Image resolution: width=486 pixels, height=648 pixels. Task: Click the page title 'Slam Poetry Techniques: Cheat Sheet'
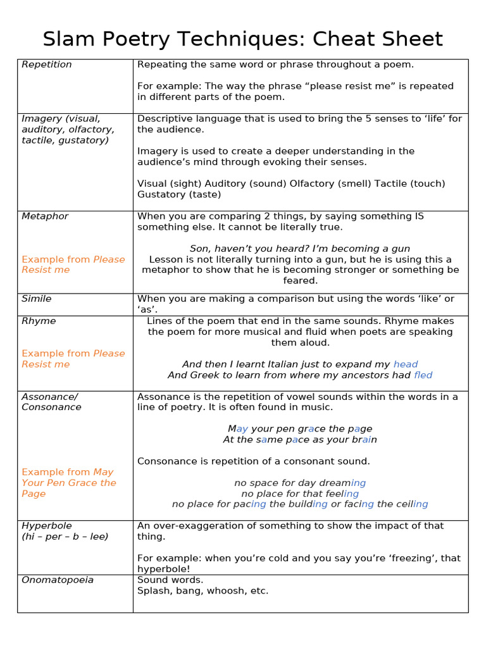click(x=243, y=39)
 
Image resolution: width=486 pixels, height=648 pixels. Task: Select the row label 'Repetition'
click(x=47, y=65)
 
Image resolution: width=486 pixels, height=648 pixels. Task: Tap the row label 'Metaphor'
click(x=45, y=216)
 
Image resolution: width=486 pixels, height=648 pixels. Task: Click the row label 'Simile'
click(x=37, y=299)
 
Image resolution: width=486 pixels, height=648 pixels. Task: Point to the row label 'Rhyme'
click(x=39, y=321)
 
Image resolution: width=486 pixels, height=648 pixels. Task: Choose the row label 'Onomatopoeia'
click(x=58, y=580)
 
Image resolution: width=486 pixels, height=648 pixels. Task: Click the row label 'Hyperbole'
click(x=47, y=526)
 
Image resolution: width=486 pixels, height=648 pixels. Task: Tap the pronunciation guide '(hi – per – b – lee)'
click(x=65, y=537)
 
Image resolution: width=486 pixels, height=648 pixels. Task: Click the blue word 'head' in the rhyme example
click(x=406, y=364)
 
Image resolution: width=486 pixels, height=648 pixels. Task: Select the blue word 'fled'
click(x=423, y=375)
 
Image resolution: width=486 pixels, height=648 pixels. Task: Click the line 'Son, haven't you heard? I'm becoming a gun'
click(x=300, y=249)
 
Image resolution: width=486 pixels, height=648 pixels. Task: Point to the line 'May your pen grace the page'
click(x=300, y=429)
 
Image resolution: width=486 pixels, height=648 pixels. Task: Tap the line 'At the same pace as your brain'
click(x=300, y=440)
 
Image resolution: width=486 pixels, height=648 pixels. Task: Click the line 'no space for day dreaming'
click(x=300, y=483)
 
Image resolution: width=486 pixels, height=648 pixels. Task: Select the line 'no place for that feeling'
click(x=300, y=494)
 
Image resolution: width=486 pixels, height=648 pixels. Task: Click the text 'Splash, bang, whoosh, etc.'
click(x=202, y=590)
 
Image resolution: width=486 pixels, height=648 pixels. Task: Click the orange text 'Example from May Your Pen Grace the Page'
click(x=69, y=483)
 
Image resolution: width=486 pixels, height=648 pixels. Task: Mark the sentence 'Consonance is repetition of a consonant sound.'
click(x=253, y=461)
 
